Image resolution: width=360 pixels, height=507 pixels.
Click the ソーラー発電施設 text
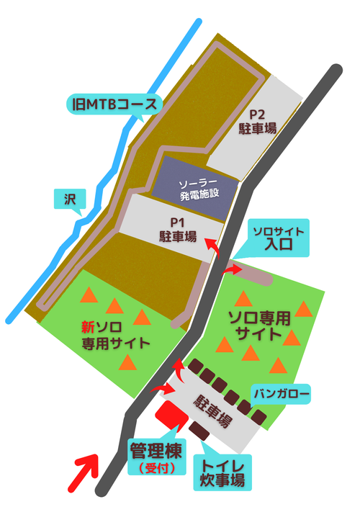(x=198, y=189)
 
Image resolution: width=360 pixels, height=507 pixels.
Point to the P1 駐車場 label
(x=178, y=229)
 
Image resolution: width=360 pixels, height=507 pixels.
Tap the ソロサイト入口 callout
(x=277, y=238)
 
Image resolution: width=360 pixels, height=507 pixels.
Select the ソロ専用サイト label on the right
(x=258, y=326)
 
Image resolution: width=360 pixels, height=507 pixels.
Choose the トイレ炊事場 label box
(x=222, y=470)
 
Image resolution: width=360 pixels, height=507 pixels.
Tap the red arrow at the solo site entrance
(x=234, y=269)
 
